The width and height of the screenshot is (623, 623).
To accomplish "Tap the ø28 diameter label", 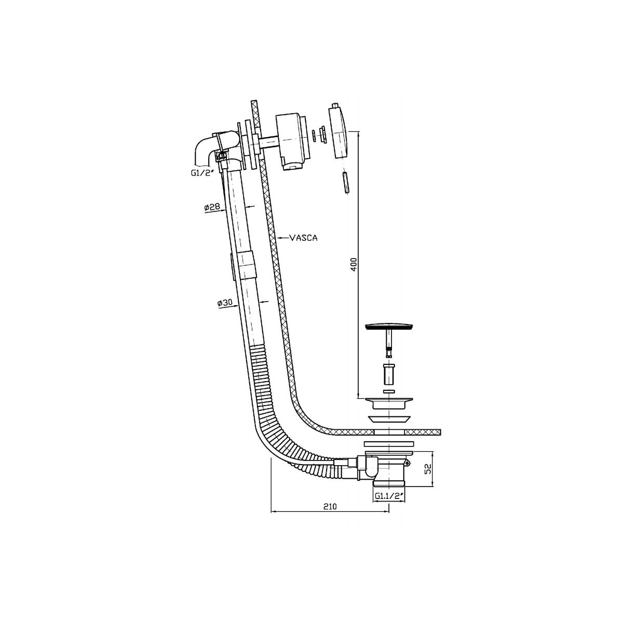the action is [212, 207].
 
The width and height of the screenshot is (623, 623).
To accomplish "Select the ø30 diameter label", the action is [225, 303].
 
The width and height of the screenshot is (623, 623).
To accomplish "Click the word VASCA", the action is [303, 238].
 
